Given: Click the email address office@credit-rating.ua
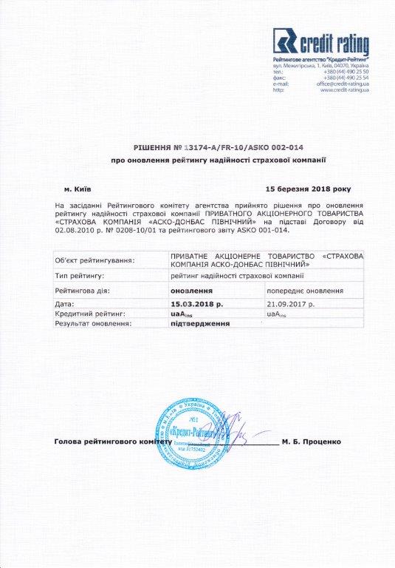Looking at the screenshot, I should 343,84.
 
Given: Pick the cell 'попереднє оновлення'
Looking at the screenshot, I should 304,291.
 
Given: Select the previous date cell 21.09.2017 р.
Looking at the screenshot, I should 291,304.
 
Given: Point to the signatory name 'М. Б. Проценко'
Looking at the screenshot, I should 311,442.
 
